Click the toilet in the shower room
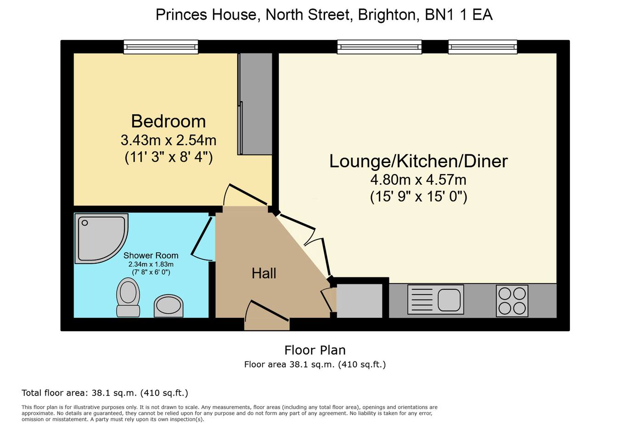click(x=128, y=297)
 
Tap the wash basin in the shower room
click(x=169, y=306)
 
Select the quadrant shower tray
click(x=101, y=238)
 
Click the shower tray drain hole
click(x=84, y=223)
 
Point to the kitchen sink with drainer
click(x=436, y=300)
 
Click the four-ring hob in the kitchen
click(x=512, y=301)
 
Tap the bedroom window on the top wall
click(x=161, y=47)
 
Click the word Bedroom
click(x=169, y=121)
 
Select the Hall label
click(x=264, y=273)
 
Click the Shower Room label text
click(x=151, y=255)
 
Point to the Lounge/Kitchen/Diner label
click(x=418, y=161)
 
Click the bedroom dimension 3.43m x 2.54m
click(x=169, y=140)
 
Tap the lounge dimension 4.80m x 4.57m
click(x=418, y=180)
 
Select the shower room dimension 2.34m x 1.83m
click(x=151, y=264)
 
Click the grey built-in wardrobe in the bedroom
click(x=255, y=104)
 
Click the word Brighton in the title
click(x=387, y=15)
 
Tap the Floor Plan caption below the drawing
click(x=315, y=351)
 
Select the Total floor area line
click(x=105, y=393)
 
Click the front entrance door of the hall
click(x=267, y=315)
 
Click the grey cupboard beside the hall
click(x=360, y=301)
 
